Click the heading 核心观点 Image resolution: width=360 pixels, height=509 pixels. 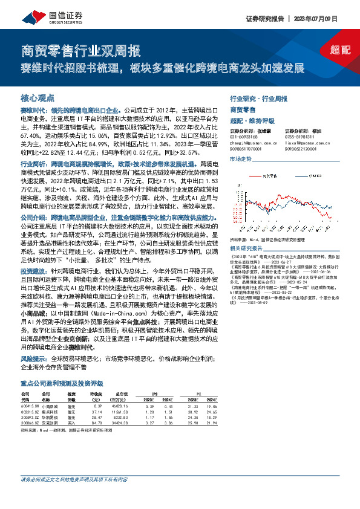tap(38, 97)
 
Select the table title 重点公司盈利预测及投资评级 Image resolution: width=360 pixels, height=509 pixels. tap(62, 384)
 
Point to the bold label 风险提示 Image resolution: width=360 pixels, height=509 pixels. tap(33, 358)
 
